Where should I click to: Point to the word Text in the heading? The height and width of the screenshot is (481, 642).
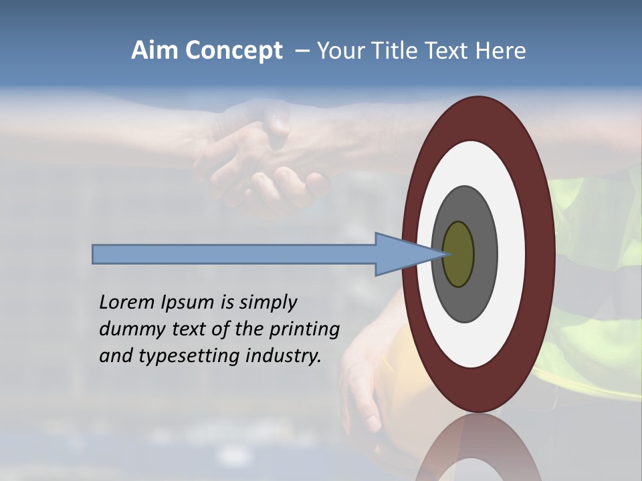pyautogui.click(x=447, y=51)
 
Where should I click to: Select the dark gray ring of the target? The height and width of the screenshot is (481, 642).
pyautogui.click(x=485, y=255)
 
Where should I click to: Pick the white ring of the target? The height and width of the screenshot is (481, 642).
pyautogui.click(x=512, y=255)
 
